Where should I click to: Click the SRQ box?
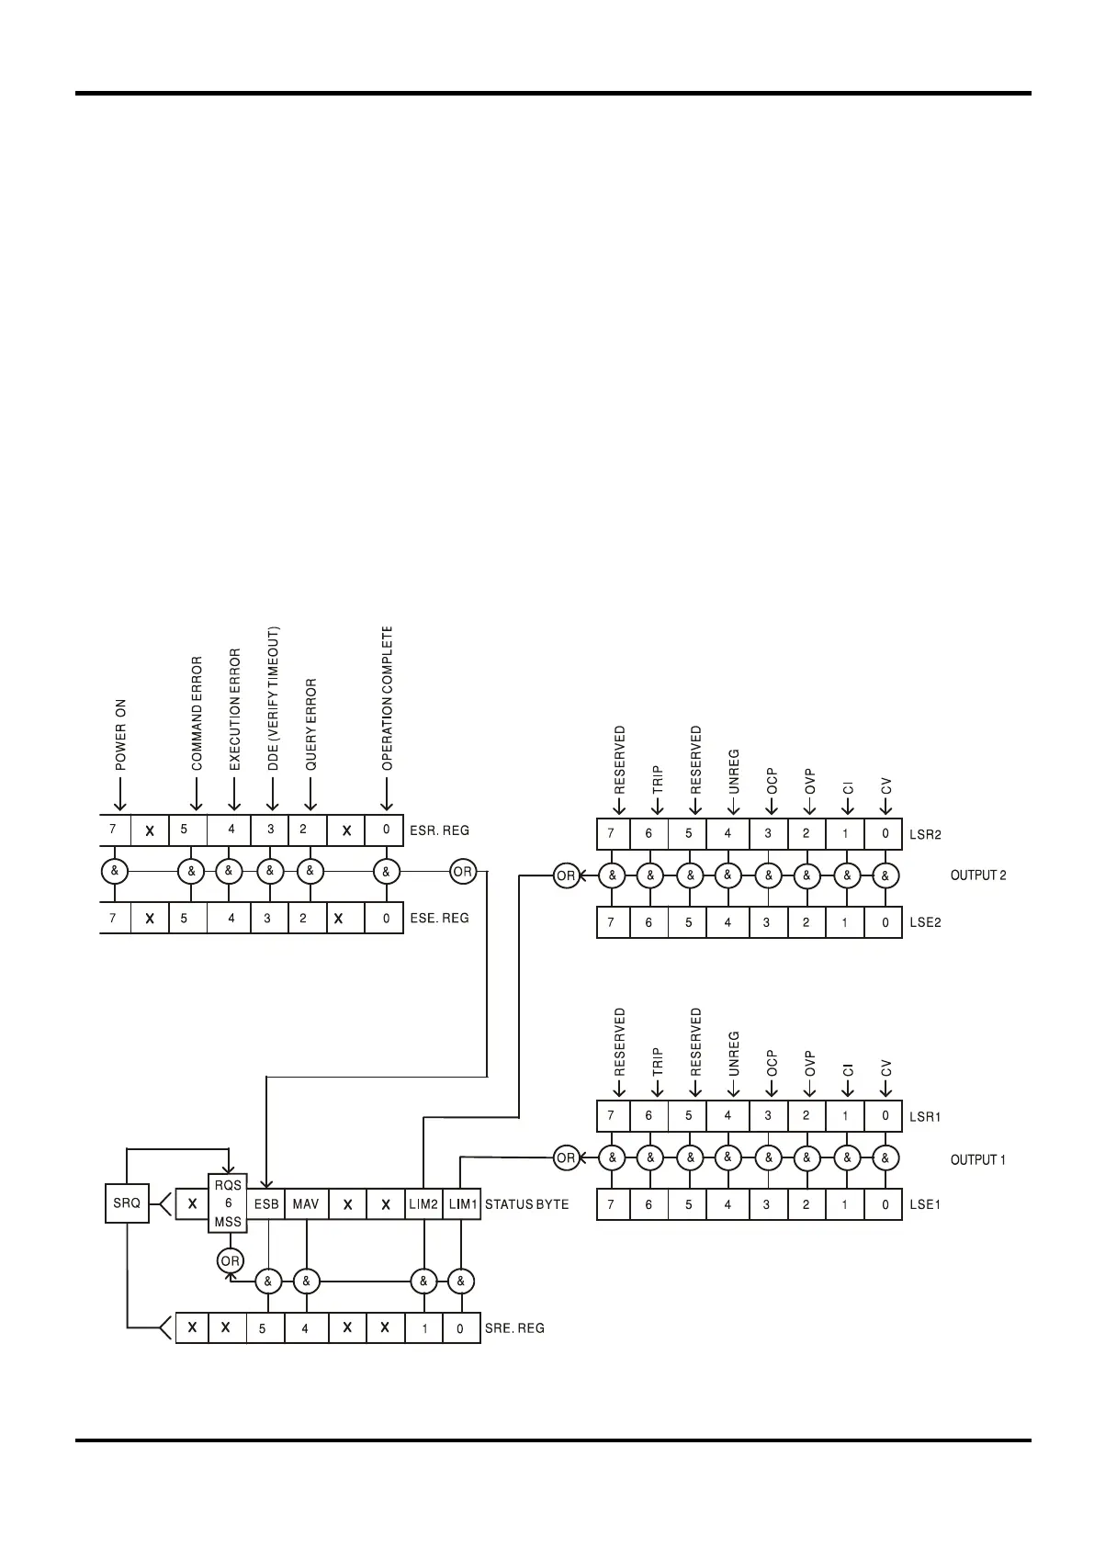coord(127,1203)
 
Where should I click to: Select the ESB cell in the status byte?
coord(266,1203)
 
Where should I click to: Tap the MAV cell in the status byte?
coord(306,1203)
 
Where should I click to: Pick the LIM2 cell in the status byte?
coord(423,1203)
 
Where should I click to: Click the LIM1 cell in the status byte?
coord(462,1203)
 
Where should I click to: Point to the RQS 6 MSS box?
coord(228,1203)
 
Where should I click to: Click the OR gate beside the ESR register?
coord(463,872)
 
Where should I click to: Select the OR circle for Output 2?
coord(566,875)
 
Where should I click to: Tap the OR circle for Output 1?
coord(566,1157)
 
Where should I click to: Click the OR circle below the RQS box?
coord(231,1261)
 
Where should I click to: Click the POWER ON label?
coord(121,735)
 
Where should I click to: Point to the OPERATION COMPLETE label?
coord(387,698)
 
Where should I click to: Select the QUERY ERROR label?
coord(310,725)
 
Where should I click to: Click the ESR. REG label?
coord(439,830)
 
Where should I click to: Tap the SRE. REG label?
coord(514,1328)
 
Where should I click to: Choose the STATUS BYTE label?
coord(527,1204)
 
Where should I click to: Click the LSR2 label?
coord(925,835)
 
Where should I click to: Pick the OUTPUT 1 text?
coord(977,1160)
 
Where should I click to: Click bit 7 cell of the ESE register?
coord(114,918)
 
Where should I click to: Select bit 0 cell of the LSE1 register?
coord(885,1204)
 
